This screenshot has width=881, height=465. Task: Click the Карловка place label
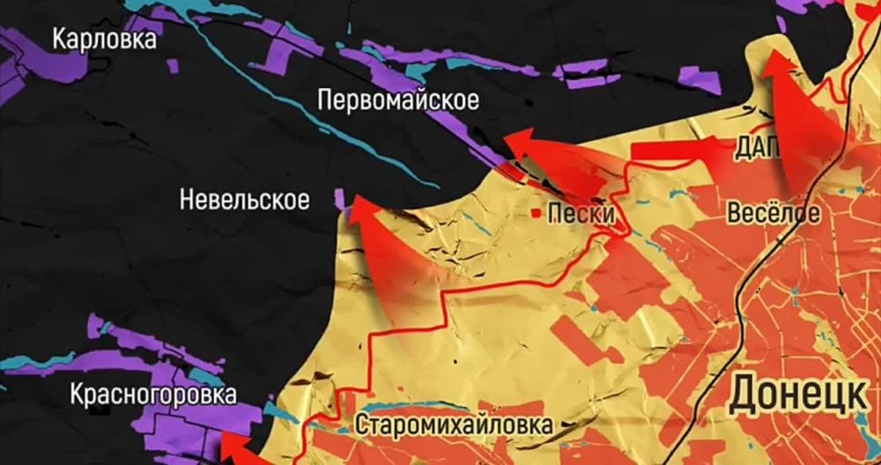(x=105, y=40)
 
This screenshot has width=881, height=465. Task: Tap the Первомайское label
(x=399, y=101)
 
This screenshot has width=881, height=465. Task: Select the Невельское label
(x=244, y=201)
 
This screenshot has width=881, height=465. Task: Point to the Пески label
(x=580, y=213)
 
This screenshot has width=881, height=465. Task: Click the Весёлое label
(x=774, y=213)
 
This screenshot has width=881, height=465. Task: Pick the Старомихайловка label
(x=455, y=424)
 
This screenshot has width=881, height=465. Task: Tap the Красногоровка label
(x=154, y=394)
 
